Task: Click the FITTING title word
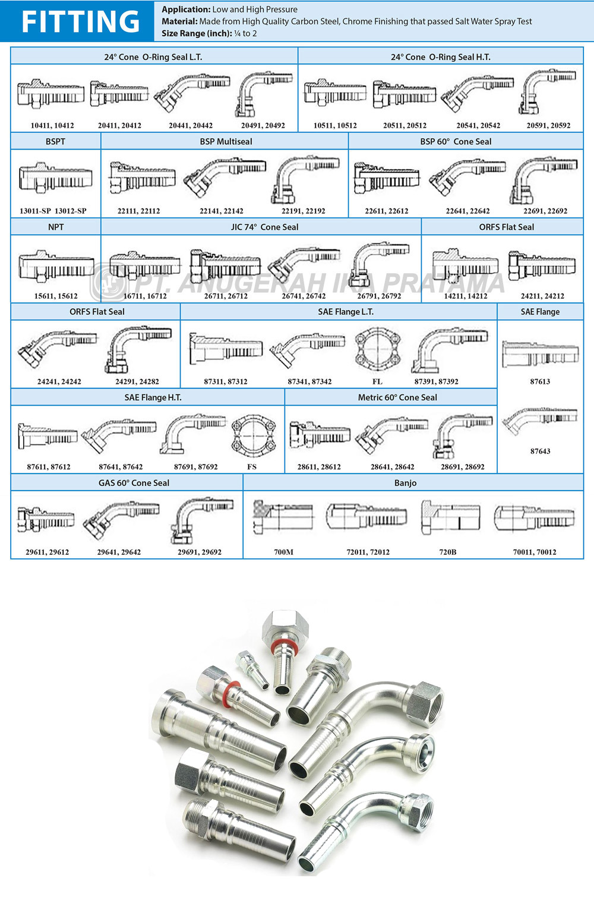tap(80, 21)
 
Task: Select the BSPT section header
tap(55, 141)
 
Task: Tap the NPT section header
tap(56, 227)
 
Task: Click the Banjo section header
tap(405, 483)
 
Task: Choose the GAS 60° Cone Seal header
tap(134, 483)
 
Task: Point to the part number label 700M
tap(283, 552)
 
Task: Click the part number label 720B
tap(447, 552)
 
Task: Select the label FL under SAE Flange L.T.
tap(377, 381)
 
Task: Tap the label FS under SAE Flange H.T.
tap(252, 467)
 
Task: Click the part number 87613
tap(540, 381)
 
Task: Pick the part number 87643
tap(540, 451)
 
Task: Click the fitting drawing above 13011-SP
tap(56, 177)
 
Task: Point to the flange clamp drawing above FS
tap(253, 434)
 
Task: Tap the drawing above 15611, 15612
tap(56, 265)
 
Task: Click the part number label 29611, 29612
tap(47, 552)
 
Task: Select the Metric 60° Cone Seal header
tap(397, 397)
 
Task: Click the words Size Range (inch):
tap(197, 33)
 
